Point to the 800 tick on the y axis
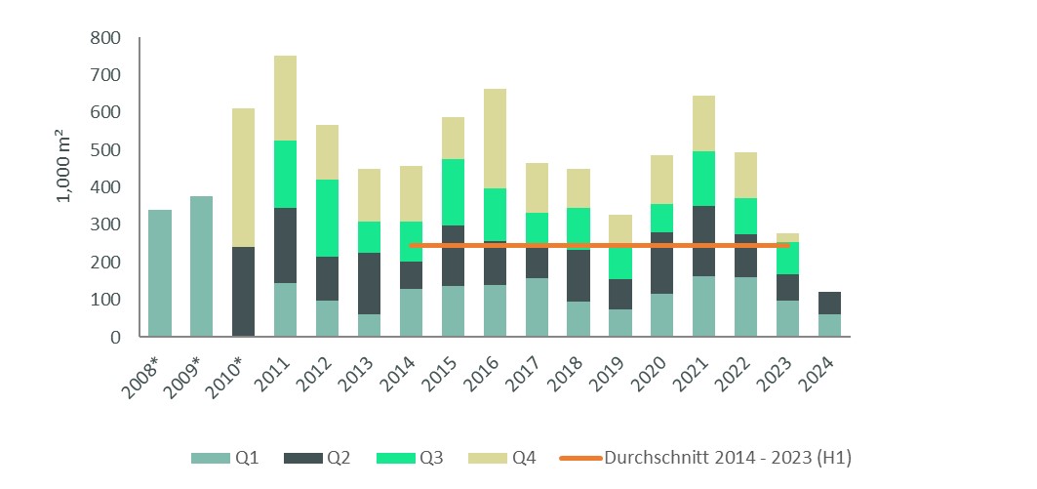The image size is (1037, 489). (x=108, y=39)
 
